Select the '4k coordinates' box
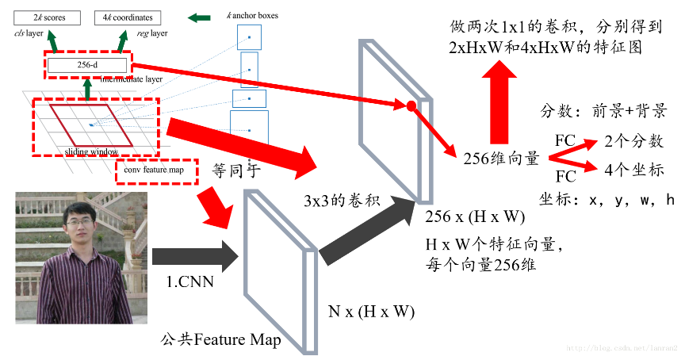[x=127, y=17]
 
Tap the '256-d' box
[x=86, y=66]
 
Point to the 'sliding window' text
[x=91, y=151]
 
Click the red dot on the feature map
[x=411, y=106]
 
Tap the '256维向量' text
[x=502, y=158]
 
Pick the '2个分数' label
[x=633, y=142]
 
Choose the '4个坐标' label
[x=633, y=170]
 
